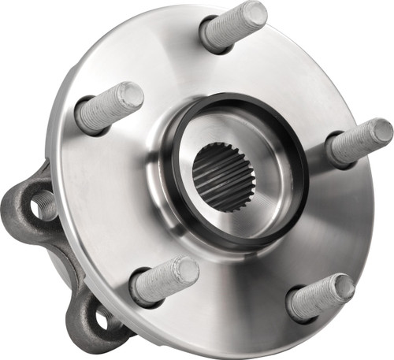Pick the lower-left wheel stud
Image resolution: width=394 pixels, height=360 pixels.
(164, 280)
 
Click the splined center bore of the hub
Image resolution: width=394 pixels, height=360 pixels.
(223, 177)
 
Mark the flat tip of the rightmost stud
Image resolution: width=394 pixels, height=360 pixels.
(381, 131)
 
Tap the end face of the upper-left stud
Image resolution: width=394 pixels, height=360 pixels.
(132, 95)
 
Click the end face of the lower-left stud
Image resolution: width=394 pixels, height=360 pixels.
(187, 270)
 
